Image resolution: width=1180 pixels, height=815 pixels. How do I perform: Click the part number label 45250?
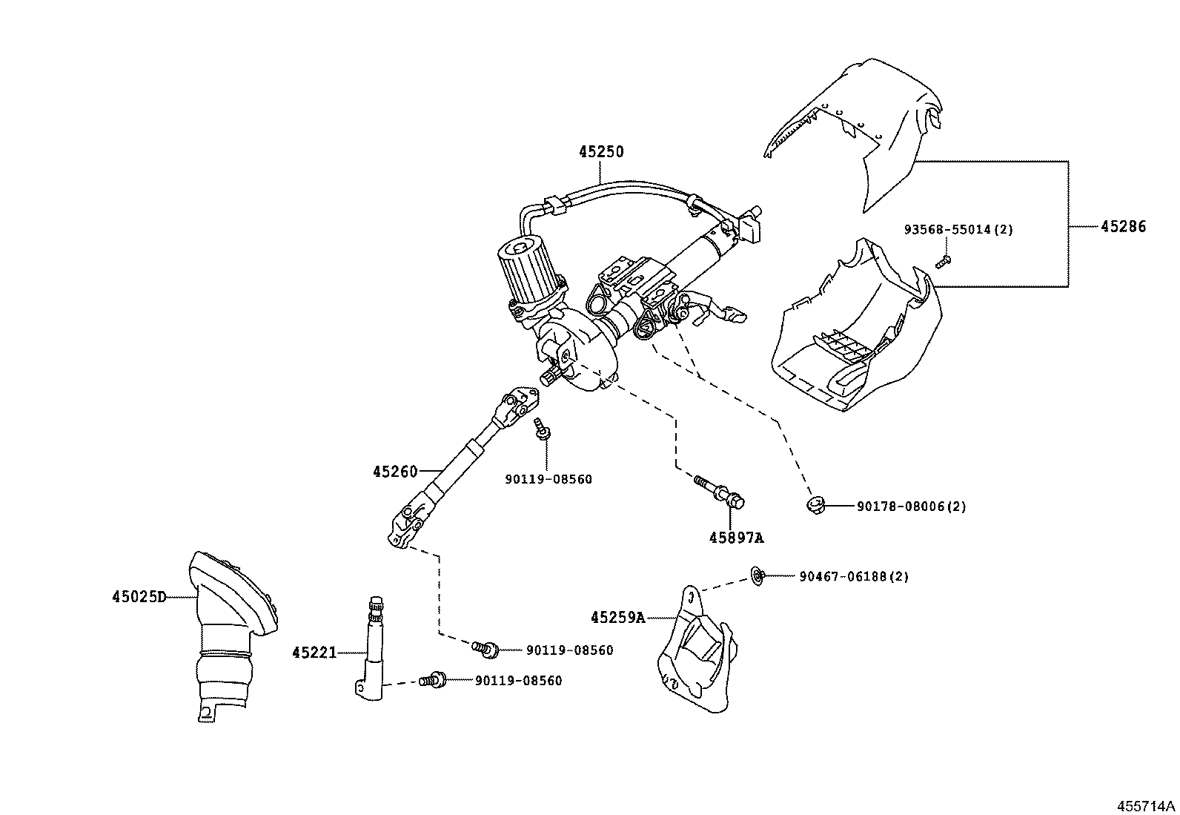(601, 152)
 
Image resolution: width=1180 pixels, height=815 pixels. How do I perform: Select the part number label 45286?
(1122, 227)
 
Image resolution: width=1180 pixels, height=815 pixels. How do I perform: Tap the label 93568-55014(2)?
(958, 230)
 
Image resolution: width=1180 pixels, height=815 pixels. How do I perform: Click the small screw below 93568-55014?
(942, 260)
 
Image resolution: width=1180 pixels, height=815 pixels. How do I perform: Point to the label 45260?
(395, 472)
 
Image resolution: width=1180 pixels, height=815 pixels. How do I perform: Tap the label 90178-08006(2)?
(911, 507)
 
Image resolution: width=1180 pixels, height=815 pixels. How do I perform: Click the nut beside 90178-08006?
(815, 506)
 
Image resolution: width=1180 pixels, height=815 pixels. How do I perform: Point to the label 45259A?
(617, 617)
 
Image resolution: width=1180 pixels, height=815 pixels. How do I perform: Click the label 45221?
(314, 653)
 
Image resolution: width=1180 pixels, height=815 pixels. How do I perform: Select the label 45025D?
(139, 596)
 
